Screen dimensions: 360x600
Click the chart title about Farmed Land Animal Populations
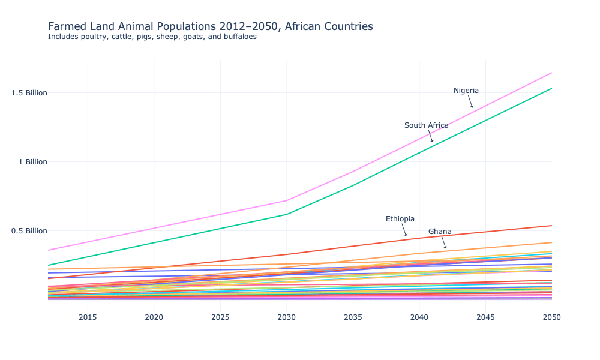coord(210,26)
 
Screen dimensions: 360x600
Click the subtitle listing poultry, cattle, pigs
coord(152,37)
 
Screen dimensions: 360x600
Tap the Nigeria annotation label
coord(466,91)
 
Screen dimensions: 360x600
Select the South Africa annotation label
coord(426,125)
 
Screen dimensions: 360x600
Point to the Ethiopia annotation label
coord(400,219)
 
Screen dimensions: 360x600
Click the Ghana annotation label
coord(440,232)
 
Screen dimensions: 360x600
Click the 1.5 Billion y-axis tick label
coord(29,93)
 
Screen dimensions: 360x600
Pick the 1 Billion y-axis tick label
coord(32,162)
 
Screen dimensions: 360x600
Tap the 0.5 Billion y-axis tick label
coord(29,231)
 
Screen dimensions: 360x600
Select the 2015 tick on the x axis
coord(88,317)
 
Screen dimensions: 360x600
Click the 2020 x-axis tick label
coord(154,317)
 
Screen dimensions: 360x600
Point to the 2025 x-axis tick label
coord(220,317)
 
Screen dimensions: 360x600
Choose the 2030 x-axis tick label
coord(287,317)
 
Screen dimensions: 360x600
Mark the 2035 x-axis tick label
coord(353,317)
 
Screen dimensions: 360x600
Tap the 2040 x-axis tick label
coord(419,317)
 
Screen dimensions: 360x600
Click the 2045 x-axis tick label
coord(485,317)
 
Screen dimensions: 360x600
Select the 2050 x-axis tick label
coord(551,317)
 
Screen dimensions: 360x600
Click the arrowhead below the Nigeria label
coord(472,107)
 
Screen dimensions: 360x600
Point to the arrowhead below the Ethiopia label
coord(406,235)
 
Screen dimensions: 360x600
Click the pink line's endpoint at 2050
coord(551,73)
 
